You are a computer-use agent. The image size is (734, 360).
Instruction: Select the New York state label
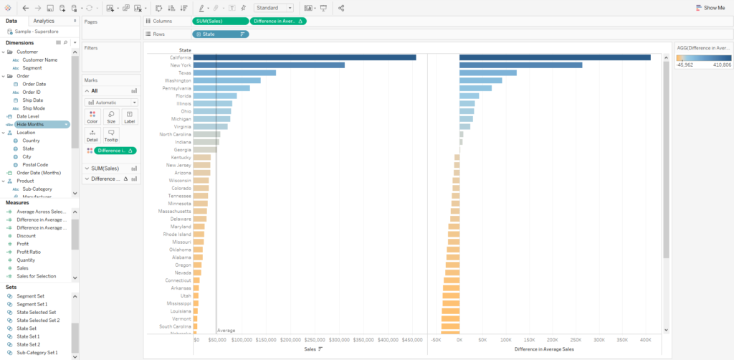pos(180,65)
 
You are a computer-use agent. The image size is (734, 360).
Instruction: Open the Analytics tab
pos(44,21)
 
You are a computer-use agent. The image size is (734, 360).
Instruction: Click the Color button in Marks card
pos(92,117)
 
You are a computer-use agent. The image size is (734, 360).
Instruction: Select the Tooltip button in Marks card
pos(111,136)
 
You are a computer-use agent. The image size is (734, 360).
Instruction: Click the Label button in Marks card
pos(129,117)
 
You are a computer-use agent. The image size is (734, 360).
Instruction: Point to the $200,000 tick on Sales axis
pos(291,340)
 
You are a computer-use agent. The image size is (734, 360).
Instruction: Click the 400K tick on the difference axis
pos(645,340)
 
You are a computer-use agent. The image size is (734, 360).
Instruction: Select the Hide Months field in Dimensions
pos(31,124)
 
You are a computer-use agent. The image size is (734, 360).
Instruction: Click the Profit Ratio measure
pos(29,252)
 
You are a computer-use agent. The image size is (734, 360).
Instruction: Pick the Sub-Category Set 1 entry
pos(37,352)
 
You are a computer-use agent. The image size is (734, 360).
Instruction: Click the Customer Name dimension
pos(40,60)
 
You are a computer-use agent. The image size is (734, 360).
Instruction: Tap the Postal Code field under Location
pos(35,164)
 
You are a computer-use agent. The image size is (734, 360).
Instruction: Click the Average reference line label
pos(227,331)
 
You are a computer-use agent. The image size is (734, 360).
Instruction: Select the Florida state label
pos(183,95)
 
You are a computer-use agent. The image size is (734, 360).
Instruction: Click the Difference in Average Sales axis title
pos(544,349)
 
